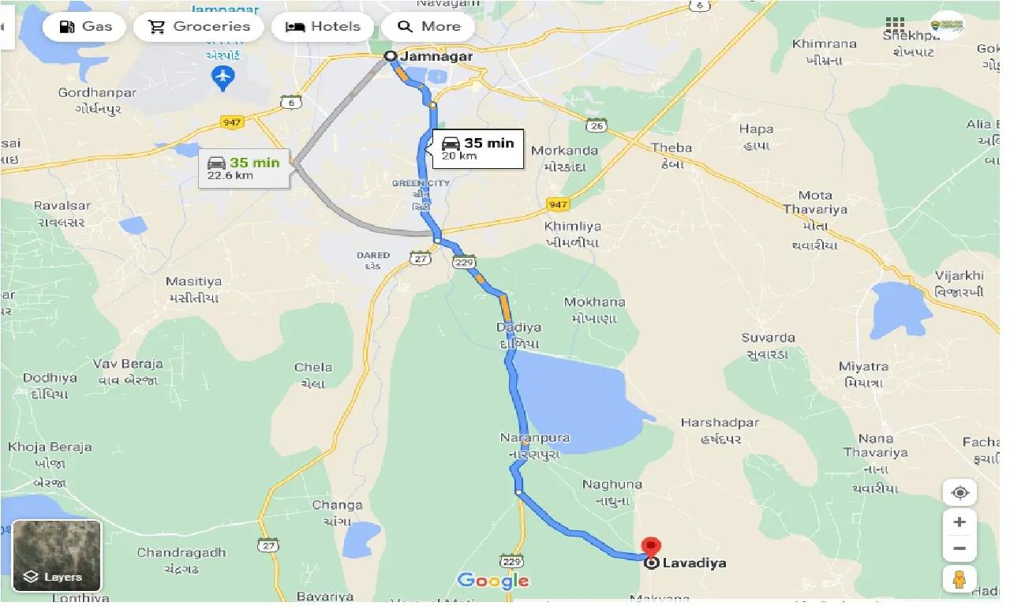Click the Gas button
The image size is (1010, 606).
(x=86, y=26)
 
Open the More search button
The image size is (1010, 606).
(x=428, y=26)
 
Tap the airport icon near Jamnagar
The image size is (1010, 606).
(x=224, y=77)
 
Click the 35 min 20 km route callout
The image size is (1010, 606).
(x=477, y=148)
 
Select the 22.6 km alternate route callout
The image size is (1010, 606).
(x=243, y=167)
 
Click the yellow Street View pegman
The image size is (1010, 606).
(x=959, y=579)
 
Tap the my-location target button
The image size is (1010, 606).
(x=959, y=493)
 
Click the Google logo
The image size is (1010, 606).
(x=493, y=582)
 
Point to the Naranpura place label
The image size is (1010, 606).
(x=535, y=438)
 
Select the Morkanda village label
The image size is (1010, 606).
(x=565, y=151)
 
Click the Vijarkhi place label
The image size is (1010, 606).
(x=959, y=275)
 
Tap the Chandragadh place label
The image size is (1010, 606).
(x=181, y=552)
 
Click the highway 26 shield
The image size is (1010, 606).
(x=596, y=125)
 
